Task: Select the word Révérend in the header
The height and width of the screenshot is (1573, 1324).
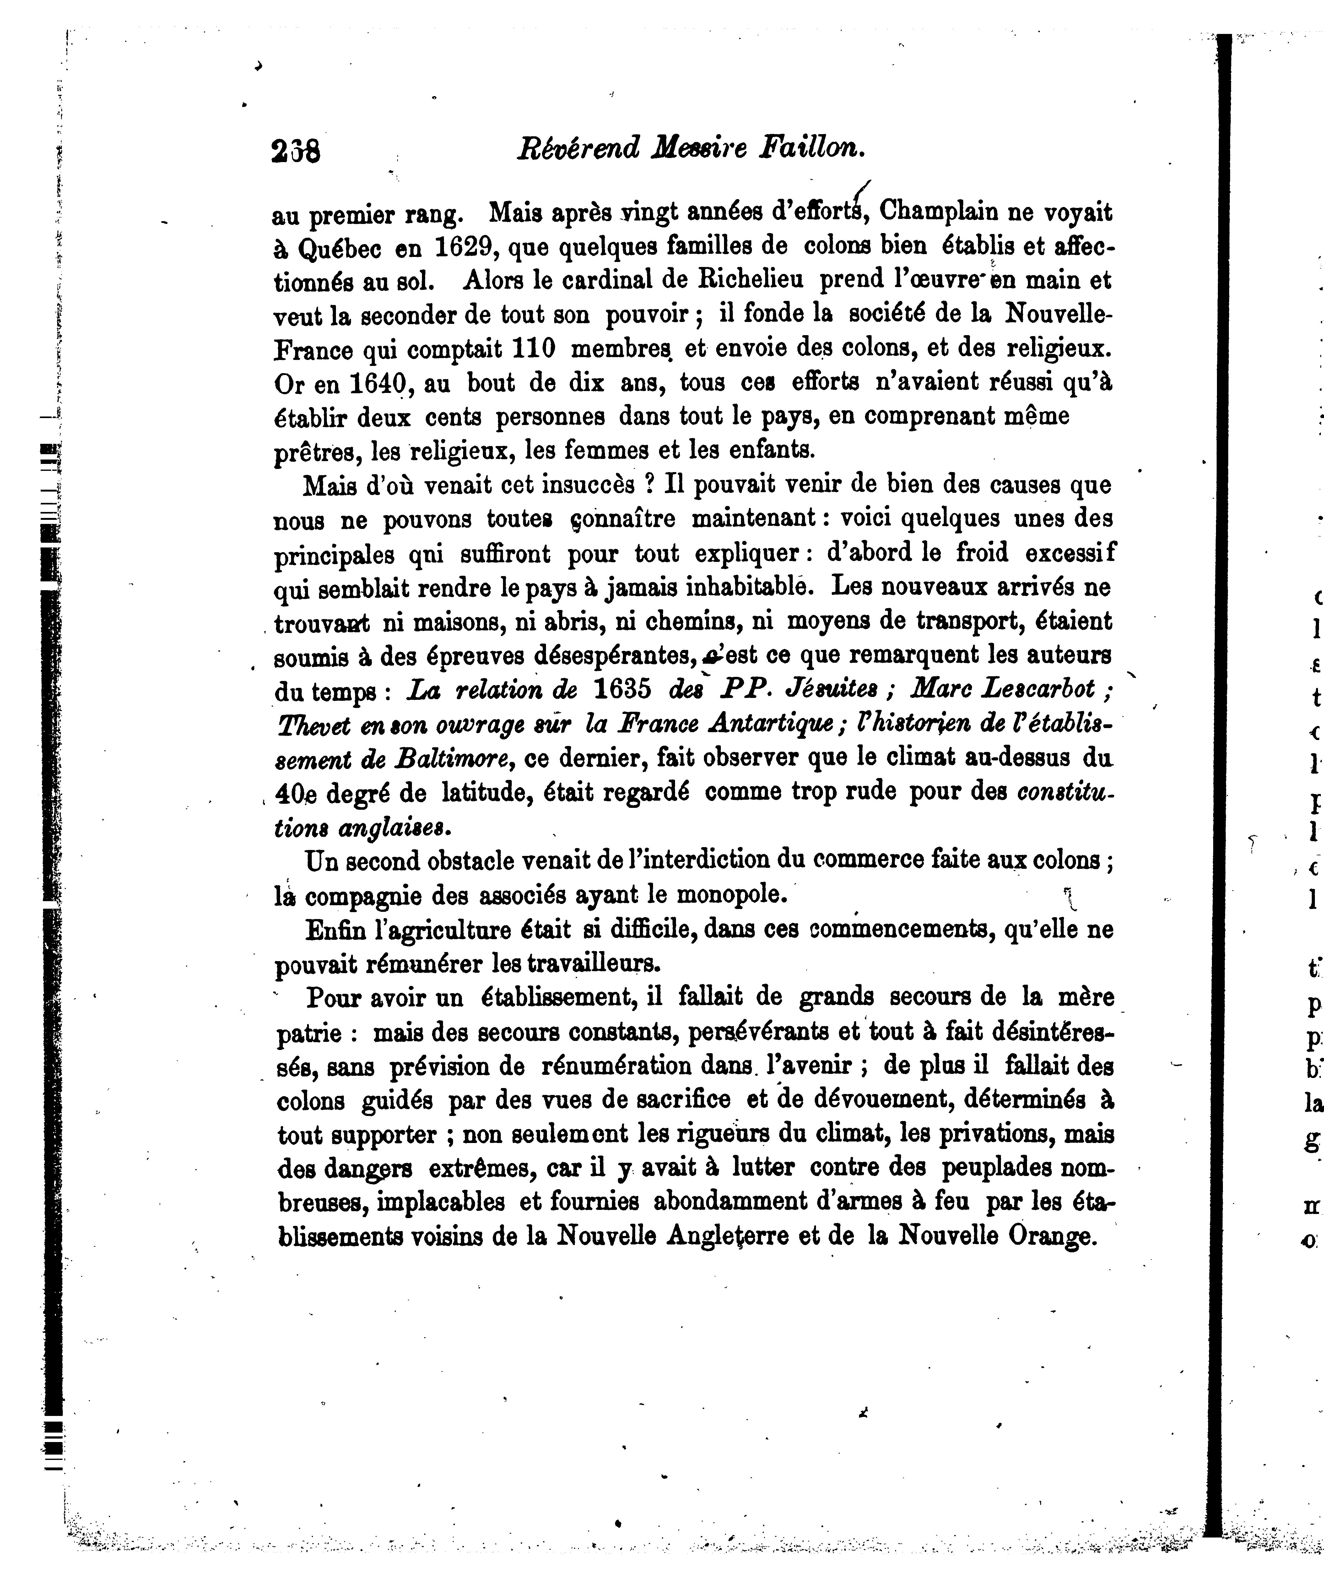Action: pyautogui.click(x=579, y=147)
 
